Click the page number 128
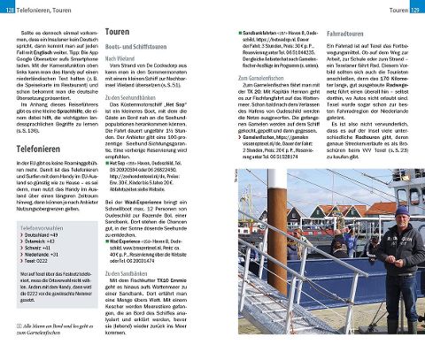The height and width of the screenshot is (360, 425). tap(9, 8)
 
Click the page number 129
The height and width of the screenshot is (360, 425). tap(414, 8)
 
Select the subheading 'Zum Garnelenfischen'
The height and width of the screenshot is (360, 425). tap(265, 79)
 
